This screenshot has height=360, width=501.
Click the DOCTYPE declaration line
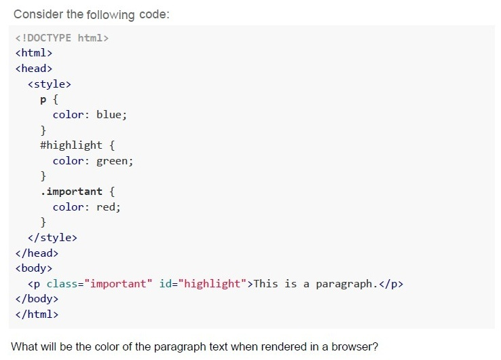(62, 38)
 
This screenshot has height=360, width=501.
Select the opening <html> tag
(34, 53)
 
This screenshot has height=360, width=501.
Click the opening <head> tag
(34, 69)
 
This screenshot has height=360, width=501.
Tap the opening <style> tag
(50, 84)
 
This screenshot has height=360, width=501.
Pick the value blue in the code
(109, 115)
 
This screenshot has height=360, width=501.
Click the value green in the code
(112, 161)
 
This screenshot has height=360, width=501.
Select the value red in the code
(106, 207)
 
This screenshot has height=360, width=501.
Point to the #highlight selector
(71, 145)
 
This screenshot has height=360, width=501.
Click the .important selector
(71, 192)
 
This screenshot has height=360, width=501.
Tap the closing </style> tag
(53, 238)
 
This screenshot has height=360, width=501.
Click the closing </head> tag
(37, 253)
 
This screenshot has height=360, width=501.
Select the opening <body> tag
(34, 268)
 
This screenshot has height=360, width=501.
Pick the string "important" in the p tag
(118, 284)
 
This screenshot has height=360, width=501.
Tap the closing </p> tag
(391, 284)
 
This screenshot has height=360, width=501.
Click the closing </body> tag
(37, 299)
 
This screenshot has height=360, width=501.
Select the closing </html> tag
(37, 314)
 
